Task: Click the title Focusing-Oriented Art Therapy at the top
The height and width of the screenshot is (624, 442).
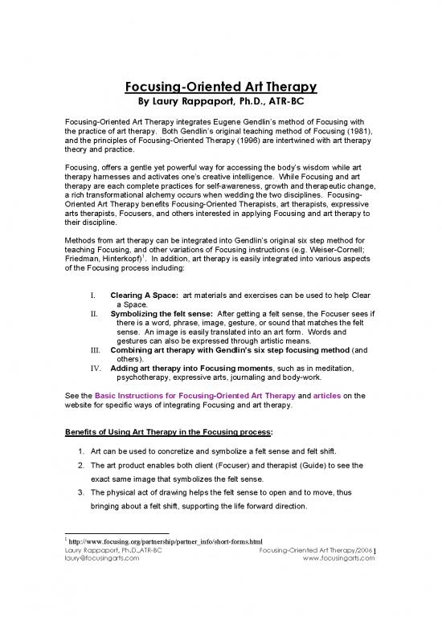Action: click(221, 86)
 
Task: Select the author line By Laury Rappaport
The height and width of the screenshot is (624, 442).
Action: click(221, 102)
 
